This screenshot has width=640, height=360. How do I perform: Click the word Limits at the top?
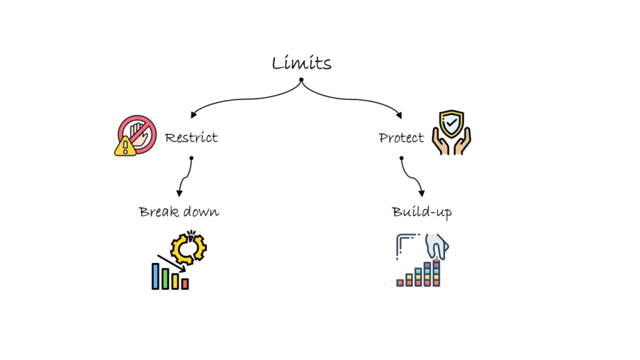pyautogui.click(x=301, y=63)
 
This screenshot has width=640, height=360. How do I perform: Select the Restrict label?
pyautogui.click(x=191, y=137)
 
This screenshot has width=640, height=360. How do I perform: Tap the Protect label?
pyautogui.click(x=401, y=137)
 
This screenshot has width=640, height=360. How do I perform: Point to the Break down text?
pyautogui.click(x=179, y=212)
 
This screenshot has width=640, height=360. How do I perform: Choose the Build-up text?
pyautogui.click(x=422, y=212)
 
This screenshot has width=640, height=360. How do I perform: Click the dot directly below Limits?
pyautogui.click(x=301, y=80)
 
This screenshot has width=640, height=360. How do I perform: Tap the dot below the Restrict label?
pyautogui.click(x=191, y=158)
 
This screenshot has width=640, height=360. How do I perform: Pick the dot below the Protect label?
pyautogui.click(x=401, y=158)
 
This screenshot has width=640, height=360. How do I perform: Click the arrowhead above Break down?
pyautogui.click(x=180, y=193)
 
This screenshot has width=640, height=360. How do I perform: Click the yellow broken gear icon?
pyautogui.click(x=188, y=247)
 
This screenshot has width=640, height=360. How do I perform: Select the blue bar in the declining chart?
pyautogui.click(x=155, y=276)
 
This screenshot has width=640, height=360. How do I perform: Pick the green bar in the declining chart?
pyautogui.click(x=165, y=279)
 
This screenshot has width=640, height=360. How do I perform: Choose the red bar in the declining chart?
pyautogui.click(x=185, y=284)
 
